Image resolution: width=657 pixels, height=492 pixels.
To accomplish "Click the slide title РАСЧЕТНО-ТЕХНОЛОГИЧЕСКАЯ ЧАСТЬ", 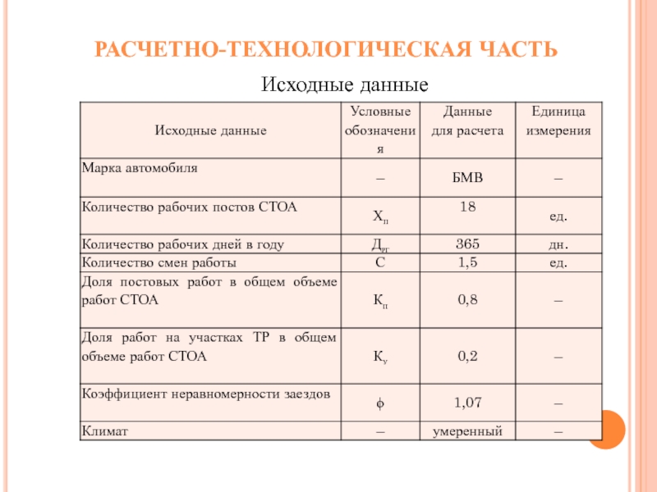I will pyautogui.click(x=326, y=50).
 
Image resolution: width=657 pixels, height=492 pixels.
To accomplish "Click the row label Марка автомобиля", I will pyautogui.click(x=140, y=168).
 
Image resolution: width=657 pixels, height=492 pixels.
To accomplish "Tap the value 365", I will pyautogui.click(x=467, y=244).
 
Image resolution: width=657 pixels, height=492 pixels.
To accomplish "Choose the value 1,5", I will pyautogui.click(x=467, y=263).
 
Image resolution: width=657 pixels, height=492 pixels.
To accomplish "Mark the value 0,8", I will pyautogui.click(x=467, y=300).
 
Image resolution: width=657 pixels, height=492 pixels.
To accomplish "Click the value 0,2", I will pyautogui.click(x=467, y=357).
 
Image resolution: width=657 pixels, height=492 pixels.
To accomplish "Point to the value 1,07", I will pyautogui.click(x=467, y=403).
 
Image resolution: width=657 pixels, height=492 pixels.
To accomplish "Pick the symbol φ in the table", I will pyautogui.click(x=379, y=403).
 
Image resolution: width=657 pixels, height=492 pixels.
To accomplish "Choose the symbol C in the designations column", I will pyautogui.click(x=379, y=263).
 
